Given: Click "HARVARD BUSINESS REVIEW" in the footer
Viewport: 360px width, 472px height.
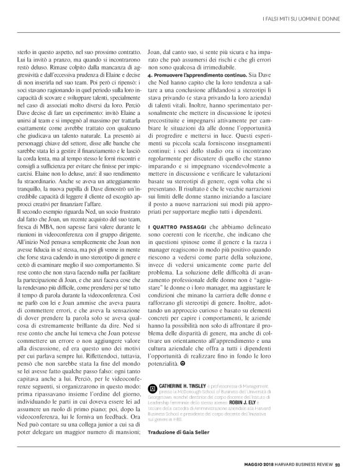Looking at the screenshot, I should pyautogui.click(x=307, y=461).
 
